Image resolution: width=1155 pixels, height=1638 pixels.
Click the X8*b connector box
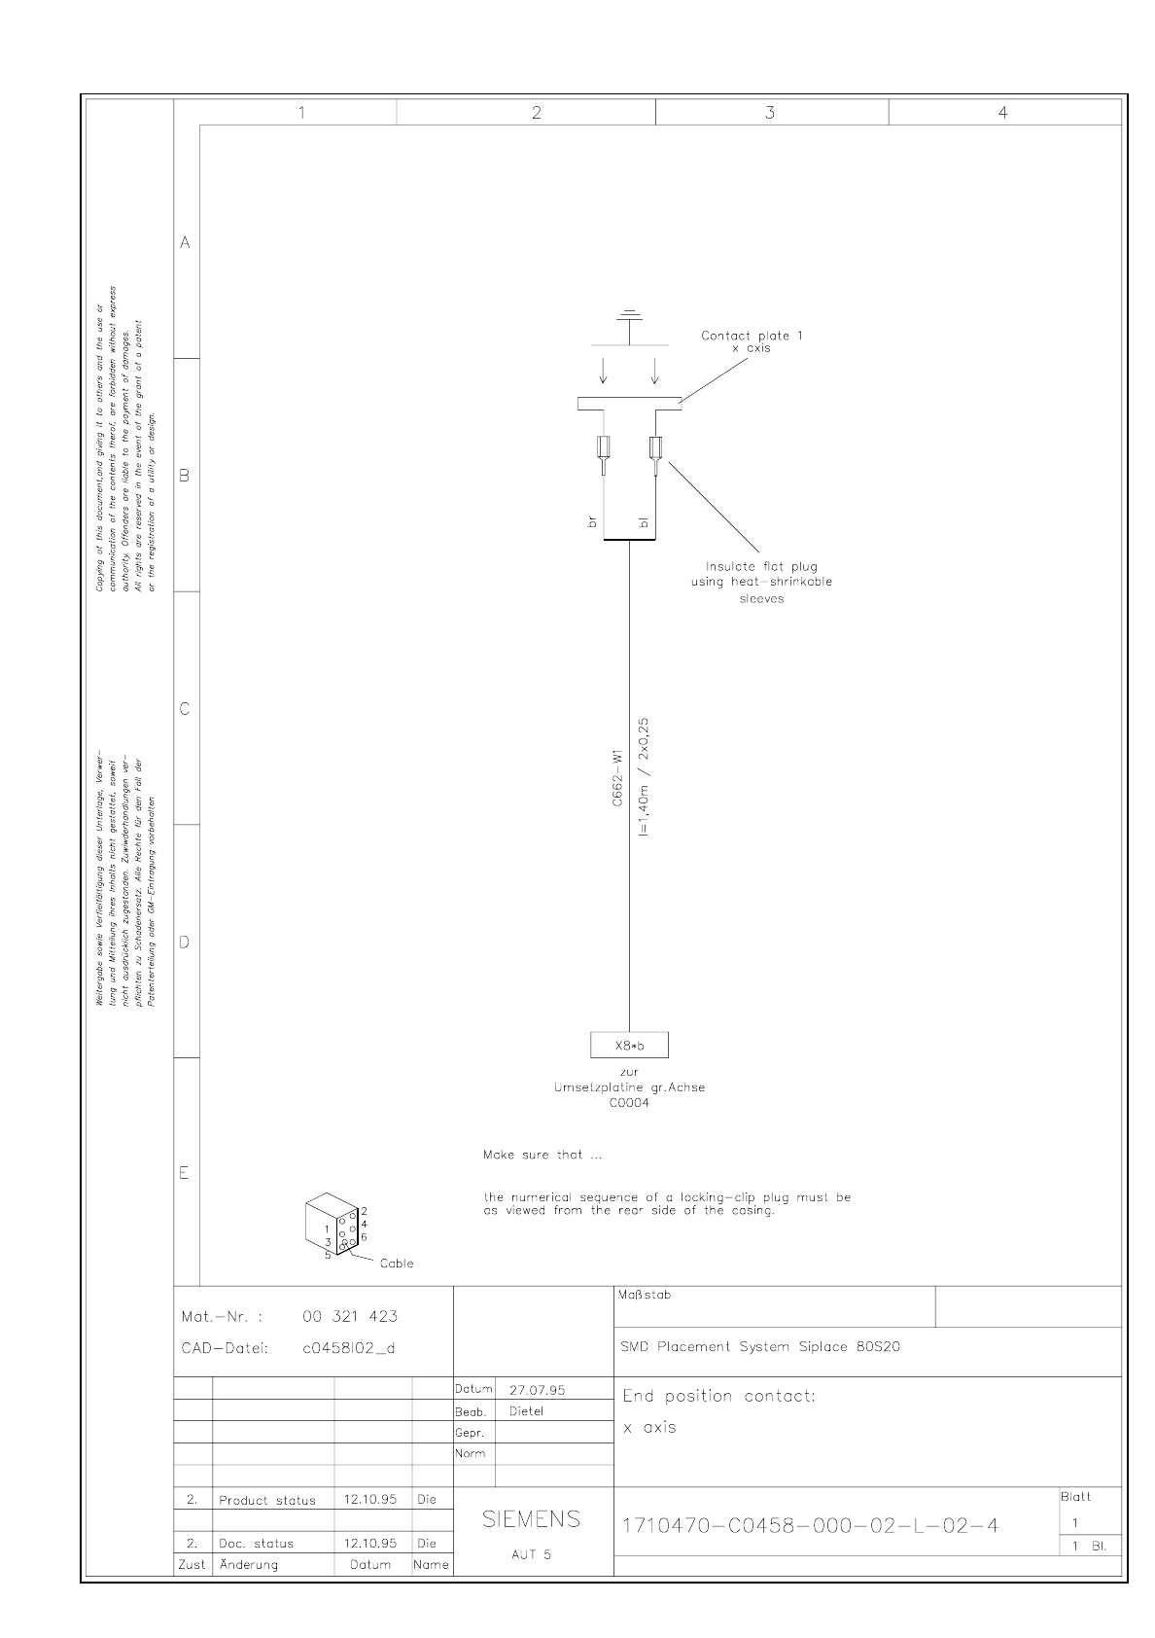pyautogui.click(x=629, y=1045)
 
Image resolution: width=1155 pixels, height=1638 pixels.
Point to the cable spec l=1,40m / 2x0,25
pyautogui.click(x=645, y=778)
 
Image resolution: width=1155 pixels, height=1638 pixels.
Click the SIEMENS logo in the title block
pyautogui.click(x=532, y=1519)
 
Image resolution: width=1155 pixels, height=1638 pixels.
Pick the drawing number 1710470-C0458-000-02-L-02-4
pyautogui.click(x=810, y=1525)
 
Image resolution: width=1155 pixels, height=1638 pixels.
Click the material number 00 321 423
pyautogui.click(x=350, y=1317)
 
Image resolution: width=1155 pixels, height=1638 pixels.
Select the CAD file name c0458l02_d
pyautogui.click(x=349, y=1348)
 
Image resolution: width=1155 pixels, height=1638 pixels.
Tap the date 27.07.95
pyautogui.click(x=537, y=1390)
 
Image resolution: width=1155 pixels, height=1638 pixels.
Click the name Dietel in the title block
pyautogui.click(x=527, y=1411)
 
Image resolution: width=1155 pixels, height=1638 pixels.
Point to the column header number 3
pyautogui.click(x=770, y=113)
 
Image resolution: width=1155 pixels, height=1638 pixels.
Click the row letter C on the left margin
pyautogui.click(x=185, y=709)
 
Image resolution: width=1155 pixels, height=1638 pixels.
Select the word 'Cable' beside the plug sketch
pyautogui.click(x=397, y=1264)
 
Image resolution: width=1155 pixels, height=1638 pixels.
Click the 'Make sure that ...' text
pyautogui.click(x=542, y=1156)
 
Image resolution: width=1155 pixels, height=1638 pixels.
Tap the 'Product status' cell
pyautogui.click(x=267, y=1501)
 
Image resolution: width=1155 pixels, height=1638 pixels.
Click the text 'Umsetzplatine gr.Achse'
pyautogui.click(x=629, y=1087)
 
